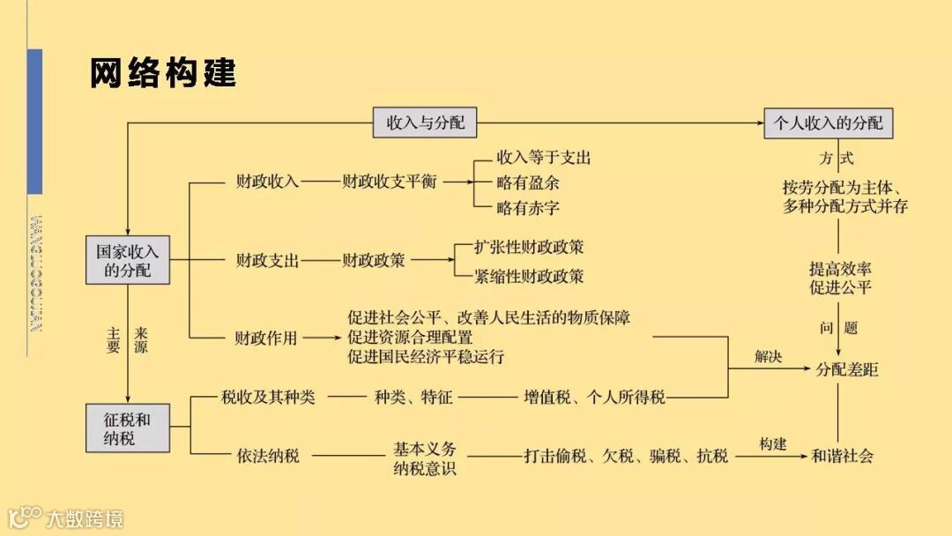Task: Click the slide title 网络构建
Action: tap(163, 74)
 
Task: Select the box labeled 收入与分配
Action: tap(425, 123)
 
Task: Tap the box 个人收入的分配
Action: tap(828, 123)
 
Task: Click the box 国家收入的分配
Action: tap(128, 260)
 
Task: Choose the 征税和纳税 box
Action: tap(128, 428)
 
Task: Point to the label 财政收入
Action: tap(267, 182)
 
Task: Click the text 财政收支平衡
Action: tap(389, 182)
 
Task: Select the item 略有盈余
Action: tap(528, 183)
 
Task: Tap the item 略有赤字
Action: tap(528, 208)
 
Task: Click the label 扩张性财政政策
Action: tap(529, 248)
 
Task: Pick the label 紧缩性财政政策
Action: tap(529, 276)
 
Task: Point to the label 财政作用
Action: tap(266, 337)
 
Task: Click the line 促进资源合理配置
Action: tap(410, 337)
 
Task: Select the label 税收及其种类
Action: tap(268, 398)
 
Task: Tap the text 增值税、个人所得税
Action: tap(594, 398)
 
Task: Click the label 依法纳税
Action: tap(268, 456)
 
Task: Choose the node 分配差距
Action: tap(847, 370)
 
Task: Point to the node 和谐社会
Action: tap(843, 456)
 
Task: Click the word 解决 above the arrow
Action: tap(768, 357)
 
